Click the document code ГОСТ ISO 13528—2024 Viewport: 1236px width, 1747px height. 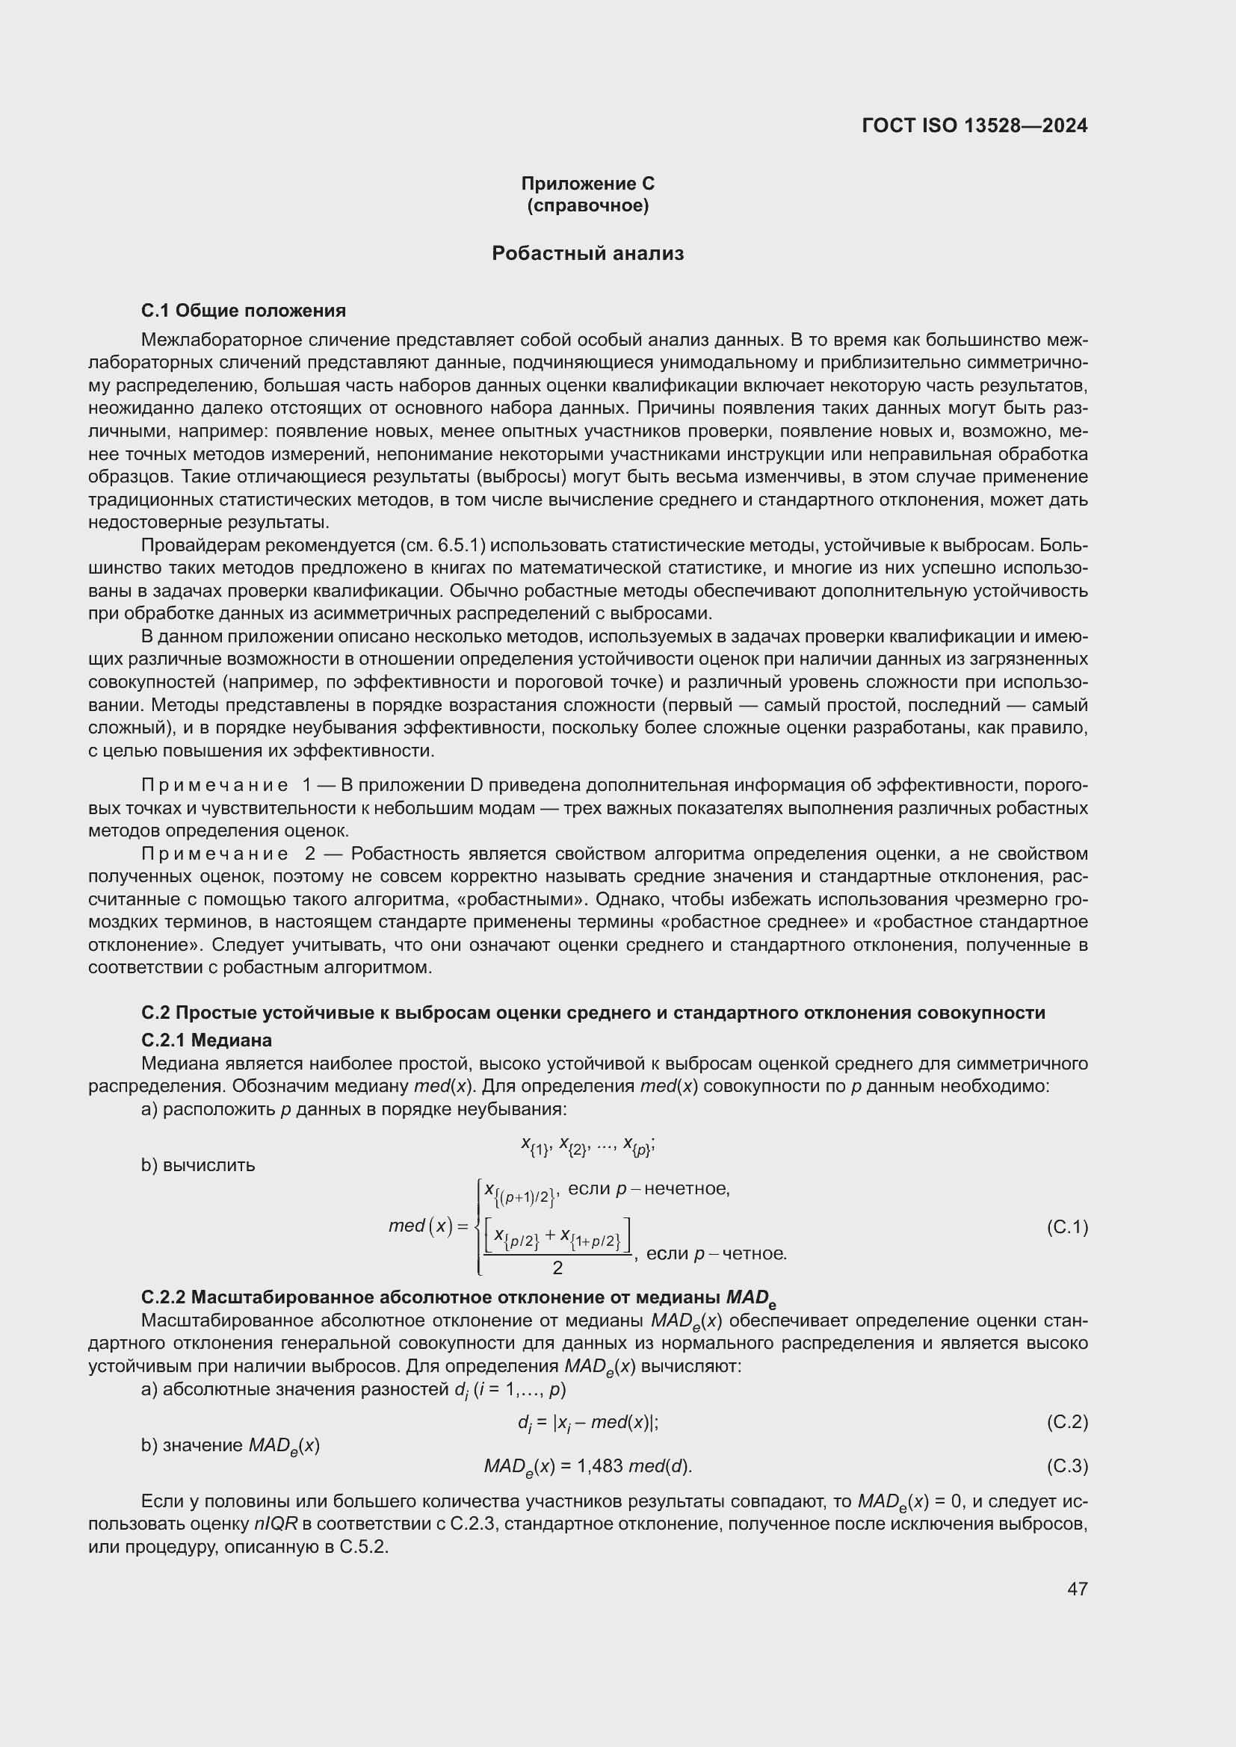pyautogui.click(x=974, y=125)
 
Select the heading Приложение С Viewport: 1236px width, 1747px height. pyautogui.click(x=587, y=184)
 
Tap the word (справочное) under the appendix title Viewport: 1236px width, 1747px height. pyautogui.click(x=587, y=205)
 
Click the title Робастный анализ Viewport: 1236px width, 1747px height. pyautogui.click(x=587, y=253)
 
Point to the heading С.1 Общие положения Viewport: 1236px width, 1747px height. pyautogui.click(x=244, y=311)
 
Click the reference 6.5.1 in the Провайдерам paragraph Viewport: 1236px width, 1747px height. pyautogui.click(x=460, y=545)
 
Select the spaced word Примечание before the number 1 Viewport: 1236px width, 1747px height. pyautogui.click(x=214, y=785)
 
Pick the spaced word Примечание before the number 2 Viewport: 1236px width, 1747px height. pyautogui.click(x=214, y=854)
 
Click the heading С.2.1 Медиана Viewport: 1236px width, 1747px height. pyautogui.click(x=206, y=1040)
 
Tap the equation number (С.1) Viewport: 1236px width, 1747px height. pyautogui.click(x=1067, y=1227)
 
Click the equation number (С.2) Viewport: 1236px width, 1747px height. pyautogui.click(x=1067, y=1421)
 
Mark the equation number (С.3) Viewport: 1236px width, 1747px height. pyautogui.click(x=1067, y=1465)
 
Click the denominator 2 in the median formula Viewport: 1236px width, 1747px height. pyautogui.click(x=558, y=1267)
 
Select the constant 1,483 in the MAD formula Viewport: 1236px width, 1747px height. pyautogui.click(x=602, y=1465)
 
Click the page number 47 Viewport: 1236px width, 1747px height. pyautogui.click(x=1077, y=1589)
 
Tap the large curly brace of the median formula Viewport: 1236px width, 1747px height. pyautogui.click(x=477, y=1226)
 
